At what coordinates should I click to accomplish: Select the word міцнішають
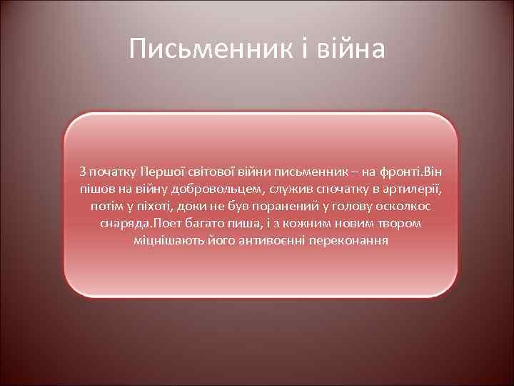click(164, 240)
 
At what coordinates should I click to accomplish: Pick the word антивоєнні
click(251, 240)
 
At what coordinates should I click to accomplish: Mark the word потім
click(106, 206)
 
